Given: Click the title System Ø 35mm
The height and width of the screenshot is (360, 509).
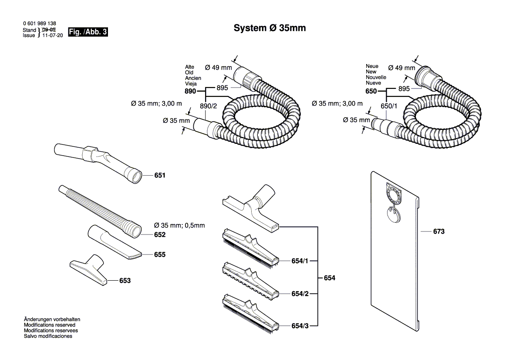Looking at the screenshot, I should (x=270, y=28).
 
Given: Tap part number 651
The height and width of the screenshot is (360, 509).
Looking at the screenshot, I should (x=160, y=175).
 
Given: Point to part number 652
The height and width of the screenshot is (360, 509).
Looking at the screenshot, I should (x=160, y=234).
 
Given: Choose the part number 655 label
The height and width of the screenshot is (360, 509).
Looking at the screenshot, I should (x=160, y=255).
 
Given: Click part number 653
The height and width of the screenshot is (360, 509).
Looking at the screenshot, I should (x=125, y=281).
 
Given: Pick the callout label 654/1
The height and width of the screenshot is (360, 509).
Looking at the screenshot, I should (x=300, y=261).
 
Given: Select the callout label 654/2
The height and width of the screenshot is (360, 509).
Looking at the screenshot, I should (x=300, y=294).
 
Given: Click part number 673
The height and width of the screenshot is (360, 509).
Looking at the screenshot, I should (x=438, y=232).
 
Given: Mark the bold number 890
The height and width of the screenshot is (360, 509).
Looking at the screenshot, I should (x=190, y=92).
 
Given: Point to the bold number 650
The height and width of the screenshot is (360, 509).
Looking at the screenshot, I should (x=371, y=92).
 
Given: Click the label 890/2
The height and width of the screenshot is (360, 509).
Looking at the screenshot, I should (x=208, y=106).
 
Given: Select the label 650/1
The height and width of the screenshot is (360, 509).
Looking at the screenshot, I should (x=389, y=106).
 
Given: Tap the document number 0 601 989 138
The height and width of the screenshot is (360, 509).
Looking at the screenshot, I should (x=39, y=24).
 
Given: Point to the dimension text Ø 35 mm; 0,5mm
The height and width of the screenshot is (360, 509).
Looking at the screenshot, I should (x=179, y=225).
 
